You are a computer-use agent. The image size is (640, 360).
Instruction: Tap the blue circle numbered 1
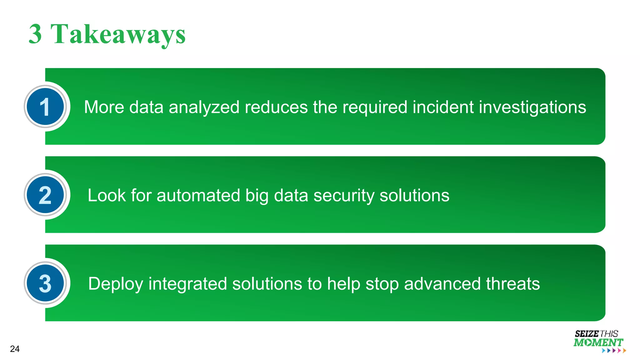(45, 107)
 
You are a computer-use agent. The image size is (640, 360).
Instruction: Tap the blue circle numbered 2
(45, 195)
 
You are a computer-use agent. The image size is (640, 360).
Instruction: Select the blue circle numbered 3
(45, 283)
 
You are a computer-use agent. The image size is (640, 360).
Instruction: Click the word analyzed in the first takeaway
(204, 107)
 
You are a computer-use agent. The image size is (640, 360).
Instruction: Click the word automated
(198, 196)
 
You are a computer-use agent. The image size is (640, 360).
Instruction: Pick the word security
(344, 196)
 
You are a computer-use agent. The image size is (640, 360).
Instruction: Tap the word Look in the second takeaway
(107, 196)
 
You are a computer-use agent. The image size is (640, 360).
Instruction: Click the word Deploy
(116, 284)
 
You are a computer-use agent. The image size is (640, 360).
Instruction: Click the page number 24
(15, 349)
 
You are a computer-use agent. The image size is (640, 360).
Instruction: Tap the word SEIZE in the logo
(587, 334)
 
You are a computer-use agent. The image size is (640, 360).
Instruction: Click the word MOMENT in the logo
(598, 342)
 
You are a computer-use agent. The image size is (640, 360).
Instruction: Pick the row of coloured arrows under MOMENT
(614, 351)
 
